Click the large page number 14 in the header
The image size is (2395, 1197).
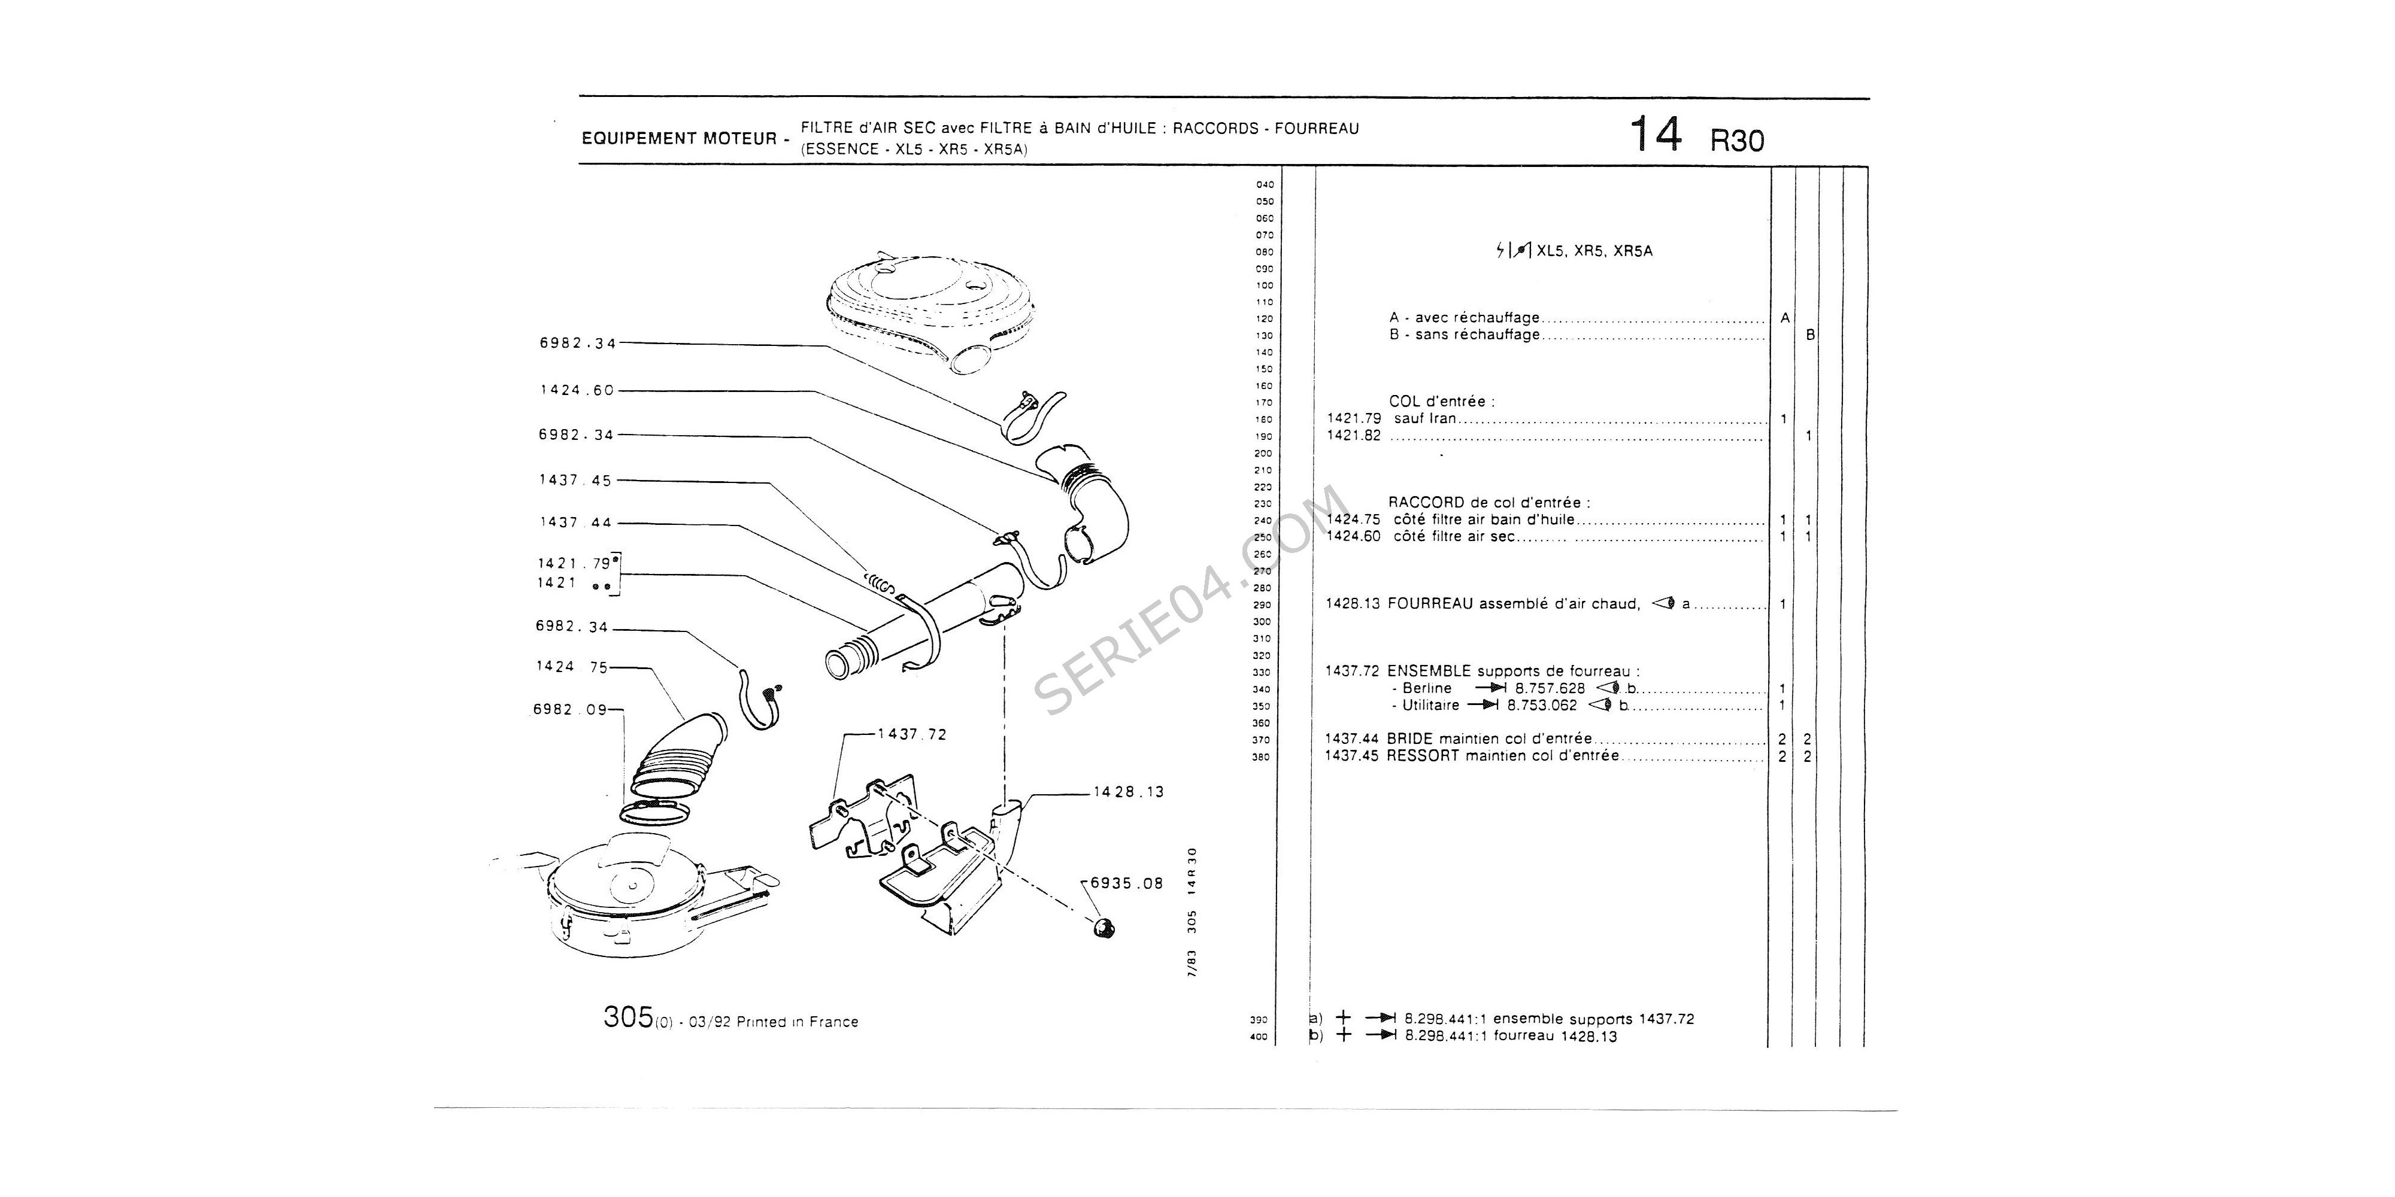pos(1656,136)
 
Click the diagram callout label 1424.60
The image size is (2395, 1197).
pos(577,390)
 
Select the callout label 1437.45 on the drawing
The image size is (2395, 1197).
pos(575,481)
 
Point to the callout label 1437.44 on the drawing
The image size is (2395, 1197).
pos(575,522)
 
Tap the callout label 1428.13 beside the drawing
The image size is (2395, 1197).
pos(1128,792)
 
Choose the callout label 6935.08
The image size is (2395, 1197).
pos(1126,884)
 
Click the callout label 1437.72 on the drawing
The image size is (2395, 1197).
pos(911,734)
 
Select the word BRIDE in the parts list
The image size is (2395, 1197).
pos(1409,739)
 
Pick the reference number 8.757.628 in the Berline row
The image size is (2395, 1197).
pos(1550,689)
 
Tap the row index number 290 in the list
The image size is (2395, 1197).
pos(1262,605)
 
